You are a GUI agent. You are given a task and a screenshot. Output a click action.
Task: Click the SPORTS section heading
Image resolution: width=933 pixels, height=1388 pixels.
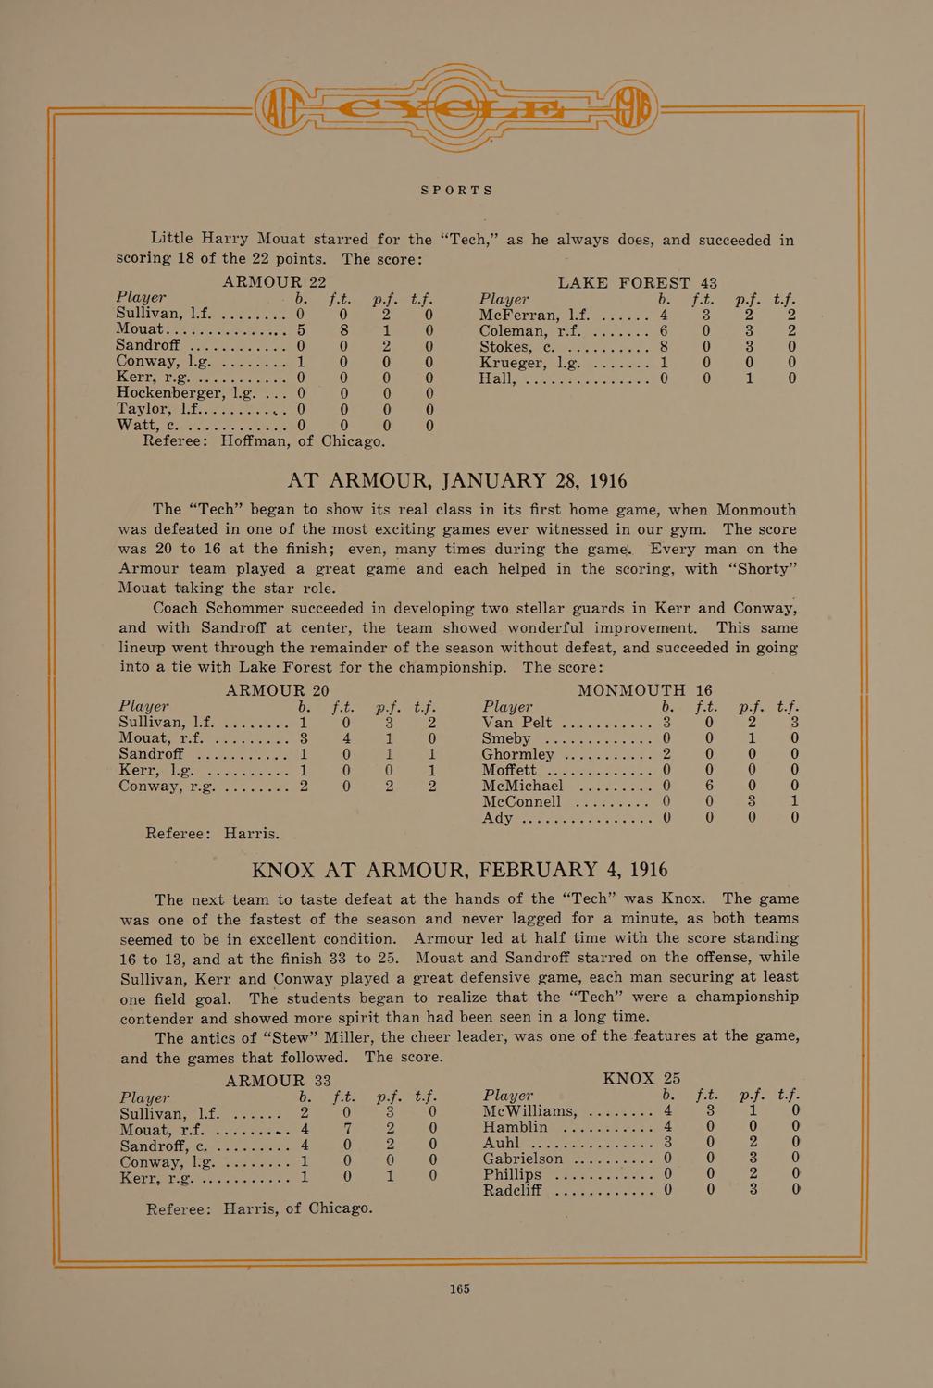tap(457, 191)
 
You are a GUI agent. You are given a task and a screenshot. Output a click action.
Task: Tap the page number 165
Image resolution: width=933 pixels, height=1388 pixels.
tap(460, 1288)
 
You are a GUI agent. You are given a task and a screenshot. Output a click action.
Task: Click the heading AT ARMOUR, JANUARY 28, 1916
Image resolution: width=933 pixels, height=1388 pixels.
tap(457, 481)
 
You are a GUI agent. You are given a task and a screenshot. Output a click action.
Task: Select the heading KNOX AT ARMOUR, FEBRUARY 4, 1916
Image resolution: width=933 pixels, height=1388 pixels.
tap(460, 871)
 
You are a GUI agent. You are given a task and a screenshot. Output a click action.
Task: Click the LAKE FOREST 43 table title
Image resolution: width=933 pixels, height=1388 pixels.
tap(637, 282)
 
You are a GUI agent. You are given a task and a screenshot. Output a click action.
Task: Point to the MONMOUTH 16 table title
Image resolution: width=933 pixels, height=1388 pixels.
tap(644, 690)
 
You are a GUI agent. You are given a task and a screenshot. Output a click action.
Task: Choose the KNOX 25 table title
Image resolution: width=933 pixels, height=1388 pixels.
tap(641, 1079)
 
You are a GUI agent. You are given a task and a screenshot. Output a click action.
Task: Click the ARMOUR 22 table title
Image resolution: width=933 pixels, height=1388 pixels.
tap(274, 282)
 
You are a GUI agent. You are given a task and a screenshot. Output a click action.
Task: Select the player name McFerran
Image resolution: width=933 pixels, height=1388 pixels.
tap(520, 316)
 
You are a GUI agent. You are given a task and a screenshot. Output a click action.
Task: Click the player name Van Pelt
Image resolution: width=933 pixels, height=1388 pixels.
tap(516, 723)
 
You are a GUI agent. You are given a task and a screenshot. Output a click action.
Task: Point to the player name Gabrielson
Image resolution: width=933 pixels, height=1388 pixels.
tap(523, 1159)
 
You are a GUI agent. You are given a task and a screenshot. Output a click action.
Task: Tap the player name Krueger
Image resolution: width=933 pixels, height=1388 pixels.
tap(515, 362)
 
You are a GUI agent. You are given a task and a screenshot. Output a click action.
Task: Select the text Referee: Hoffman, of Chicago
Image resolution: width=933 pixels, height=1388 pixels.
tap(264, 441)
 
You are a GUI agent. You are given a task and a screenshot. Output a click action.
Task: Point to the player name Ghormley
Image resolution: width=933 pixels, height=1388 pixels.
tap(517, 754)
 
